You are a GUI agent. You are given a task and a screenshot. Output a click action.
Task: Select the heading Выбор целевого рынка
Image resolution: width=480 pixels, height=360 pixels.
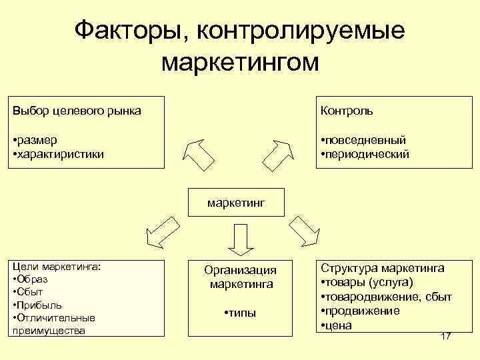(77, 110)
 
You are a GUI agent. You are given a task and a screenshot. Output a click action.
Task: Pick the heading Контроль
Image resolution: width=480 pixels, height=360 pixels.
(347, 110)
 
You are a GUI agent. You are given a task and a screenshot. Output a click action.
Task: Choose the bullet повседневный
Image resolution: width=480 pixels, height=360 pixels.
(366, 140)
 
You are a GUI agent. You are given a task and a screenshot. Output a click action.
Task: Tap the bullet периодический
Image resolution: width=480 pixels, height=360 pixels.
(366, 154)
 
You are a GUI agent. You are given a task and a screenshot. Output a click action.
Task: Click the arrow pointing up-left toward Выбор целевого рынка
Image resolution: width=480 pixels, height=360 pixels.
(199, 155)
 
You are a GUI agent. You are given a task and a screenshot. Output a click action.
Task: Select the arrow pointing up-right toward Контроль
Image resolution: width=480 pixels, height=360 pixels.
(279, 155)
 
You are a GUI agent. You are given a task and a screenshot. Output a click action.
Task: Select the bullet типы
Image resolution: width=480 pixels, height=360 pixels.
(241, 313)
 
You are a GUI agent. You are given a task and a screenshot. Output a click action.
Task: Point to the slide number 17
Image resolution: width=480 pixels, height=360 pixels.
(446, 336)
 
